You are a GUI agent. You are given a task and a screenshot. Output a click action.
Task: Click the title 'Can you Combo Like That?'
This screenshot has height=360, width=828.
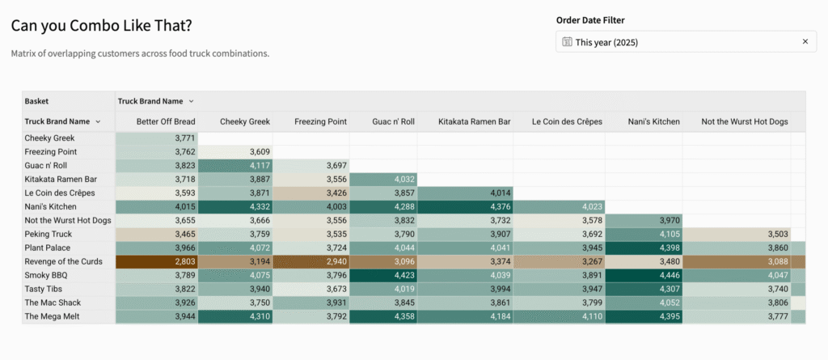coord(102,26)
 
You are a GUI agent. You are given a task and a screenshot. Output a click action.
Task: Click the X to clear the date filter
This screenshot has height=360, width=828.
coord(805,41)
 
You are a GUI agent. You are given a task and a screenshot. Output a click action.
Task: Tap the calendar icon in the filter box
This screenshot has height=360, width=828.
coord(567,41)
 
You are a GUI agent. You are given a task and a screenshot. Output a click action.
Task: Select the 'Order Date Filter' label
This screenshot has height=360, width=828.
coord(589,20)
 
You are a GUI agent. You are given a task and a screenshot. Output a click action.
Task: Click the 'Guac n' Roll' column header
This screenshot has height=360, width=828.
coord(393,121)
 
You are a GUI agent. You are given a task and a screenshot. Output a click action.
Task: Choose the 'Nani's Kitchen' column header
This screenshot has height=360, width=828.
coord(653,121)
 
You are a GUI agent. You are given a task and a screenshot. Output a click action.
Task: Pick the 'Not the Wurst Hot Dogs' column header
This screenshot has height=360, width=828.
coord(744,121)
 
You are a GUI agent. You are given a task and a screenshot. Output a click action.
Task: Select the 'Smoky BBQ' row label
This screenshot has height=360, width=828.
coord(46,275)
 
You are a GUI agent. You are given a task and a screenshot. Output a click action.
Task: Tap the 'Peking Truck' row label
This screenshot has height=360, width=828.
coord(49,234)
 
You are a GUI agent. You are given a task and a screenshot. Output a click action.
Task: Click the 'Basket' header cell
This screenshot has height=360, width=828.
coord(36,101)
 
